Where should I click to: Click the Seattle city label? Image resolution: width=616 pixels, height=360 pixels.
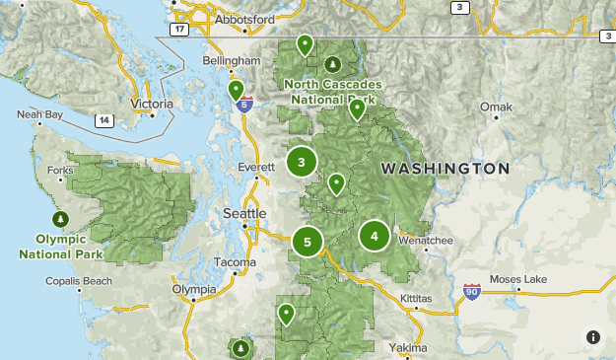coord(244,213)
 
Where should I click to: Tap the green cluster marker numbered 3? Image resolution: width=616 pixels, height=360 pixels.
coord(301,162)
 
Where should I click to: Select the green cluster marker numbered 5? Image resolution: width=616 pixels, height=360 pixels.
coord(308,241)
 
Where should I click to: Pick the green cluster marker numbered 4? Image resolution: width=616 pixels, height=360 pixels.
coord(375,236)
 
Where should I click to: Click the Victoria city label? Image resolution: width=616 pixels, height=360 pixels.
coord(152,102)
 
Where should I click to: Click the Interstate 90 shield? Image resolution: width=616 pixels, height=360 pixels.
coord(472,292)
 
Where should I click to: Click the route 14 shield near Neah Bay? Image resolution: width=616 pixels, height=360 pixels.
coord(103,120)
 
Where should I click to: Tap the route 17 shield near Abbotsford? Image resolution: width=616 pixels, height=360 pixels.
coord(177,31)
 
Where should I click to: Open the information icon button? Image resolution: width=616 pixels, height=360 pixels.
coord(593,337)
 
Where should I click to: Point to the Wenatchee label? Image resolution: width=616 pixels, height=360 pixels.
coord(425,239)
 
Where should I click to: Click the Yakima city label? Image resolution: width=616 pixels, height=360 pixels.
coord(407,348)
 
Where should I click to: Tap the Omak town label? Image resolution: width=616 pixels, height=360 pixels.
coord(494,106)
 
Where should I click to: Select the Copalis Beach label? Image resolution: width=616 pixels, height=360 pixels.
coord(78,281)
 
